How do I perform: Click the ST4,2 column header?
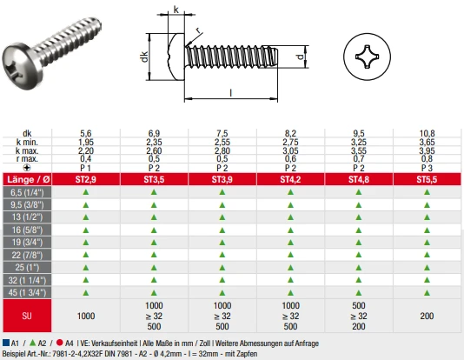[290, 179]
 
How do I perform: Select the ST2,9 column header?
[86, 179]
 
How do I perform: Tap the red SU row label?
[27, 316]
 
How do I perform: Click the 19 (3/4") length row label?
[27, 242]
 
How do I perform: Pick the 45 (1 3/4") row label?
[27, 292]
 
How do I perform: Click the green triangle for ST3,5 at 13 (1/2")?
[154, 217]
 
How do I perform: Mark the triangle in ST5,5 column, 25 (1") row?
[427, 268]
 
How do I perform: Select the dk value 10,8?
[427, 133]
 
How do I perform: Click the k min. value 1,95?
[86, 142]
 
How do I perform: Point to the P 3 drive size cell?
[427, 168]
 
